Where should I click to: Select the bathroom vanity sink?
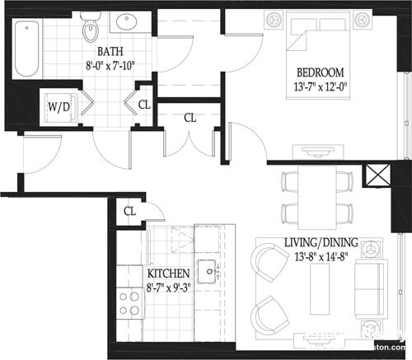(129, 22)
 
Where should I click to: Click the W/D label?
(59, 106)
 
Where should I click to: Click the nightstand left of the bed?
(274, 18)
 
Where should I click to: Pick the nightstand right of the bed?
(361, 18)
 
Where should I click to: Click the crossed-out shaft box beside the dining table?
(376, 178)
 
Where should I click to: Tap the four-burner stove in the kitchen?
(129, 302)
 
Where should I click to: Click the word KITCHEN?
(168, 273)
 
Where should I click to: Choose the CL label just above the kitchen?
(129, 212)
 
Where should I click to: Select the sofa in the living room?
(369, 288)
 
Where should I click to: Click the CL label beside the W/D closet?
(144, 105)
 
